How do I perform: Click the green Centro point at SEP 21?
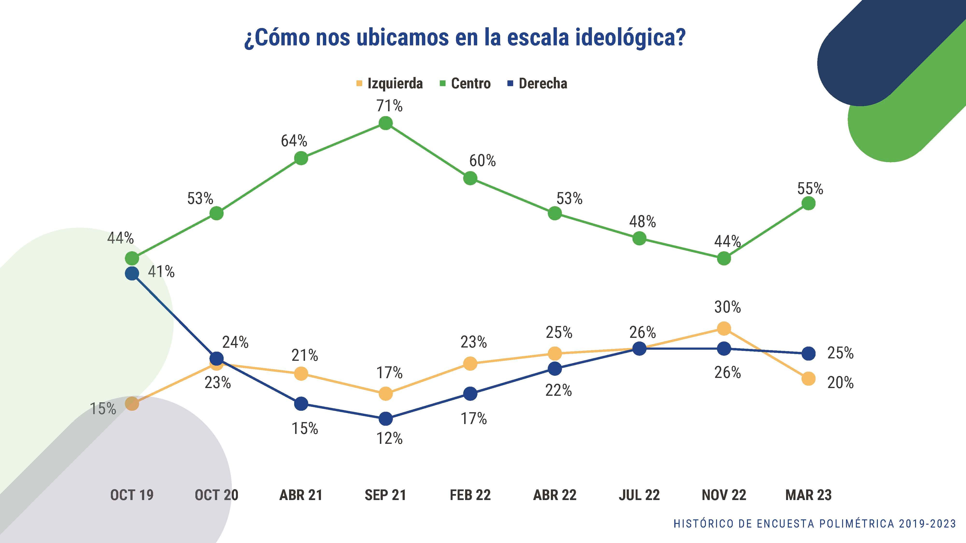tap(385, 123)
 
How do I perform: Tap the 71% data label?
tap(390, 106)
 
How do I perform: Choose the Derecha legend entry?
tap(537, 83)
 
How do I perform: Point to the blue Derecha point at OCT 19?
tap(132, 273)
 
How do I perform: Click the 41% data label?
tap(161, 271)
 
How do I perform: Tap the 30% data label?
tap(727, 307)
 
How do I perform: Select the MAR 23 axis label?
tap(809, 495)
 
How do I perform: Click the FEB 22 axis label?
tap(470, 495)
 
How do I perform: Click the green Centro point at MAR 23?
tap(809, 203)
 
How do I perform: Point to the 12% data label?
tap(390, 438)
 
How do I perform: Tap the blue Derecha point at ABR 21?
tap(301, 404)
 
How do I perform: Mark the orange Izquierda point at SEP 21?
tap(385, 393)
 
